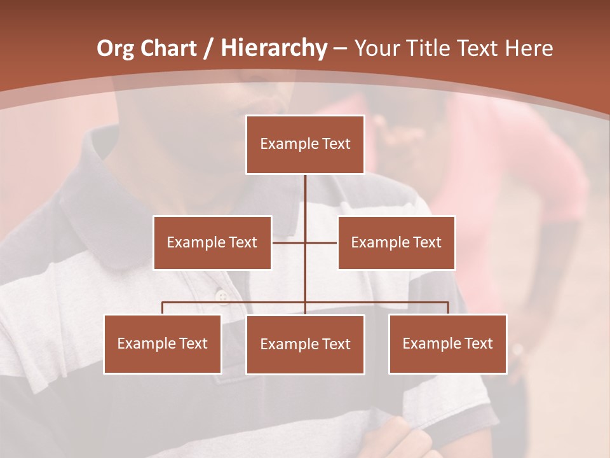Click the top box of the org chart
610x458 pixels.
click(x=305, y=144)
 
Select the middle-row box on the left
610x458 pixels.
click(x=212, y=242)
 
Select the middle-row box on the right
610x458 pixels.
click(x=396, y=242)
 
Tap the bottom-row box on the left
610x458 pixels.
click(x=163, y=343)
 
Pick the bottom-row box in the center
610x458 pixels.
click(x=305, y=344)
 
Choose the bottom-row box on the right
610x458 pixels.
click(x=447, y=343)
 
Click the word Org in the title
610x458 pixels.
click(x=115, y=48)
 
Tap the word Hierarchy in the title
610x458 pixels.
click(x=273, y=48)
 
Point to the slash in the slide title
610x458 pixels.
click(x=209, y=49)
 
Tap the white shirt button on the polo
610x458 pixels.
click(x=222, y=295)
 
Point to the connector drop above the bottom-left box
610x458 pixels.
click(x=163, y=308)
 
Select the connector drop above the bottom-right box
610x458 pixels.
click(x=447, y=308)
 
